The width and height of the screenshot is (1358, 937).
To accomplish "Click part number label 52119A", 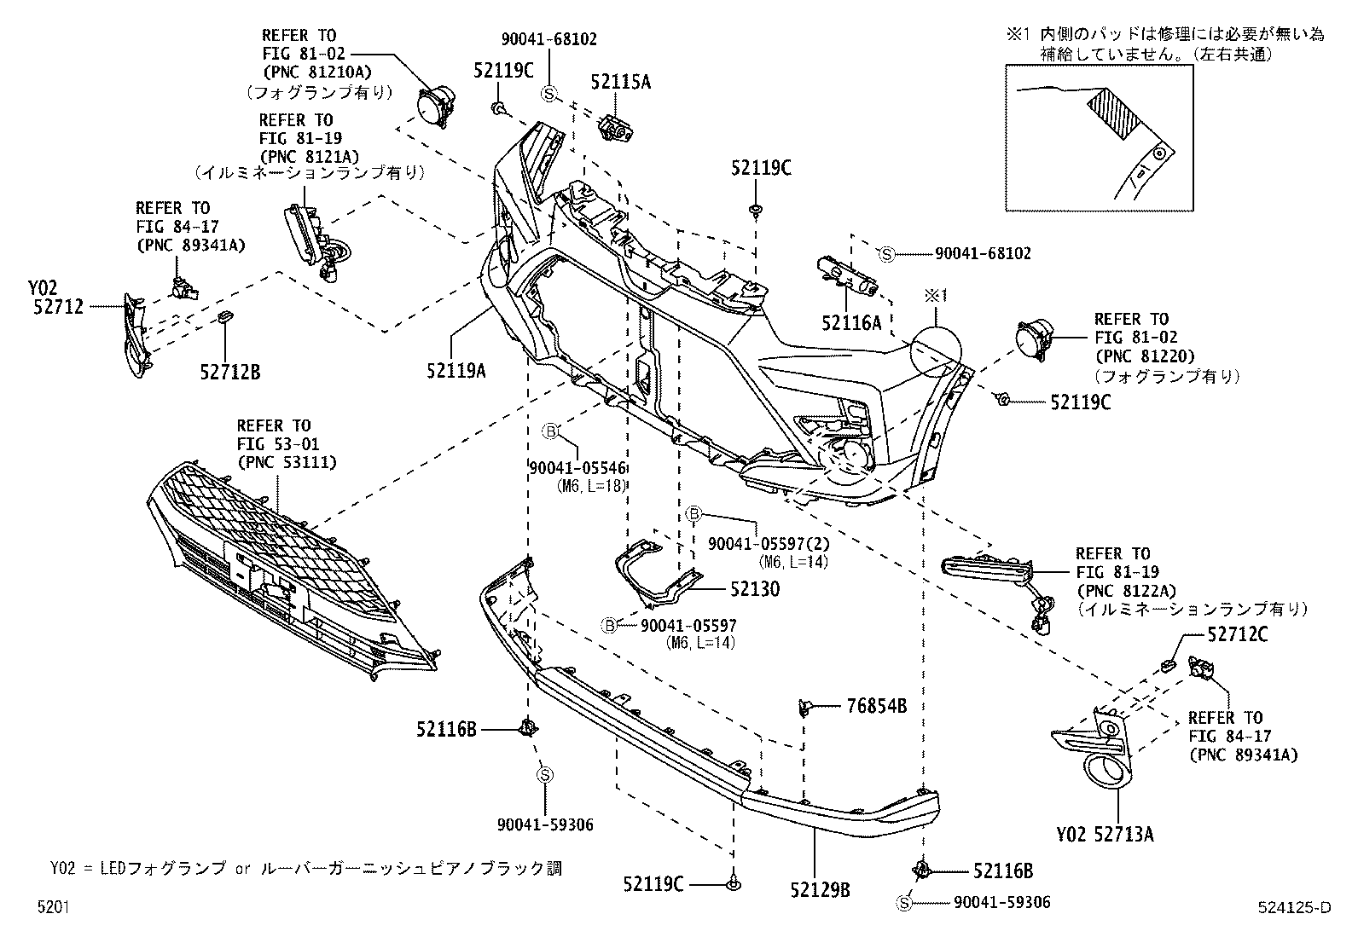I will coord(457,370).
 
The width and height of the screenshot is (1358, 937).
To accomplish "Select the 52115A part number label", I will coord(620,82).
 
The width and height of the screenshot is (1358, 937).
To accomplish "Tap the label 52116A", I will coord(851,322).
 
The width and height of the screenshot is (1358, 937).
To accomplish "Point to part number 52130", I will coord(754,589).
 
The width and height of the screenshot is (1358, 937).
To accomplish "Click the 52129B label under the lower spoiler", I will coord(821,891).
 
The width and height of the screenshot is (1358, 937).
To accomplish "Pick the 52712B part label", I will coord(230,371).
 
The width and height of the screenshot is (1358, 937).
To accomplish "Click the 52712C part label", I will coord(1237,634).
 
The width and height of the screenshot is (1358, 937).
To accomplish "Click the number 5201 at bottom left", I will coord(53,908).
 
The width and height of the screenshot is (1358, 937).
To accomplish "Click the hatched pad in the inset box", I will coord(1113,113).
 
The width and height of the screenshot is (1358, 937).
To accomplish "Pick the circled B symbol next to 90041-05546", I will coord(550,431).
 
